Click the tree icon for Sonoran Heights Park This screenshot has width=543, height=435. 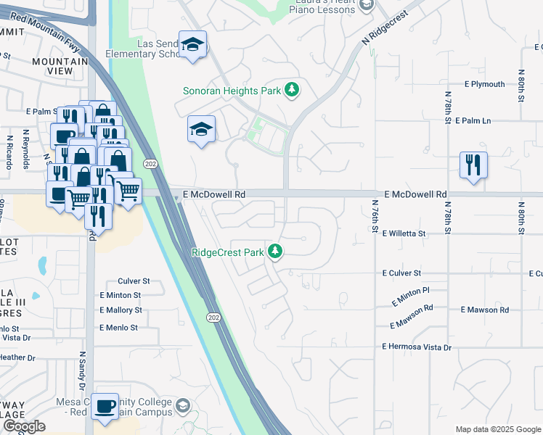pos(291,90)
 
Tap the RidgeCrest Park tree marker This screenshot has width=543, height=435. pos(274,252)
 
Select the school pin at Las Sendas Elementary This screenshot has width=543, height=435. pos(193,45)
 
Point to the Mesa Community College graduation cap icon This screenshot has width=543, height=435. pos(182,406)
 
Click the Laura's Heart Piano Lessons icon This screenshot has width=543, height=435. pos(367,6)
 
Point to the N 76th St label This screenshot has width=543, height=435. pos(375,216)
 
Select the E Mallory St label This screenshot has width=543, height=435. pos(121,310)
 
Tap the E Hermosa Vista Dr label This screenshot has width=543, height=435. pos(417,347)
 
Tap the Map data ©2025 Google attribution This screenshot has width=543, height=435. pos(497,429)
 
